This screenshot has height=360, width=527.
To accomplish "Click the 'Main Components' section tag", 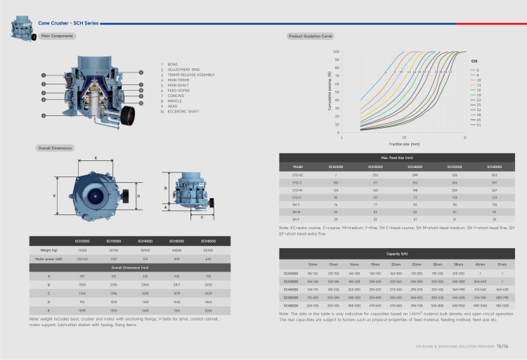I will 56,35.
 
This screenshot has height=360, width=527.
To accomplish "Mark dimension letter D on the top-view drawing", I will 138,196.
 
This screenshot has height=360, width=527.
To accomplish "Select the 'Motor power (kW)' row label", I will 49,259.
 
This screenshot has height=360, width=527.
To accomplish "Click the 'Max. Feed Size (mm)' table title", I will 397,159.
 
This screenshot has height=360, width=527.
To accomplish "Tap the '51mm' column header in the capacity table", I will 502,264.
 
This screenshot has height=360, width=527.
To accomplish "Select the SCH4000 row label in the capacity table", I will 291,289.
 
